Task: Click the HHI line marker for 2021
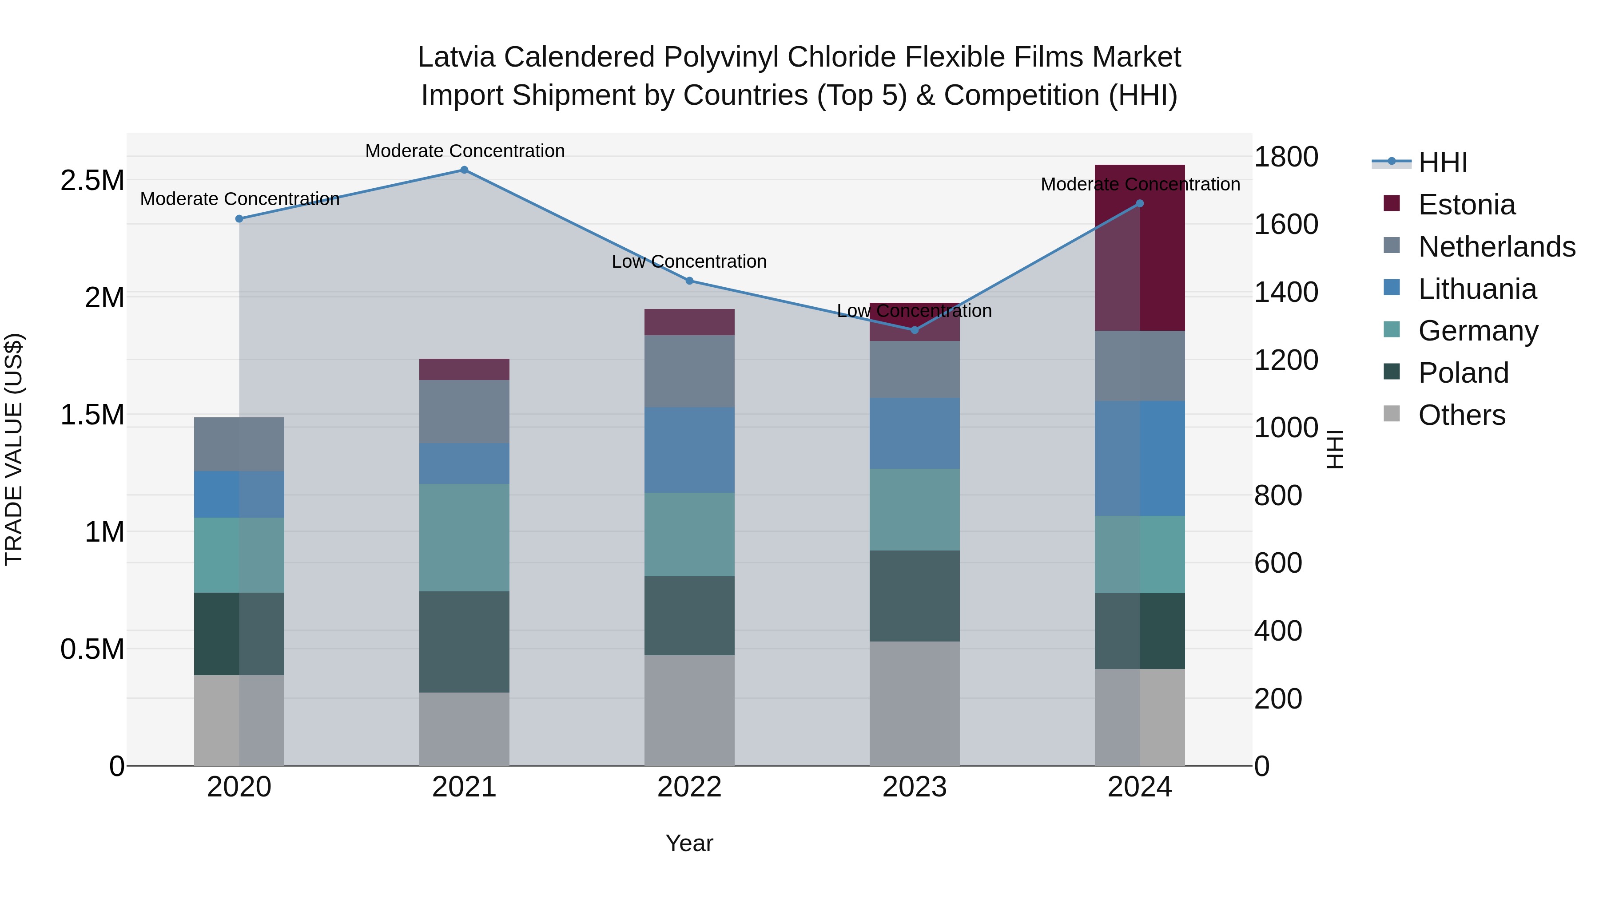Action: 464,170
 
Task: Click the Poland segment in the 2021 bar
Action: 464,642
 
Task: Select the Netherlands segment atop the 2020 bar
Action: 239,444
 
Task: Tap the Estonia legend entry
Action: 1466,205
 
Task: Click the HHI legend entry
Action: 1443,162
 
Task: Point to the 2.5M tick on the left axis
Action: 92,181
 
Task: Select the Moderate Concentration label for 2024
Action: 1140,184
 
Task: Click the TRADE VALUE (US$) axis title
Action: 14,449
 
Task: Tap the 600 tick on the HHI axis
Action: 1277,563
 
